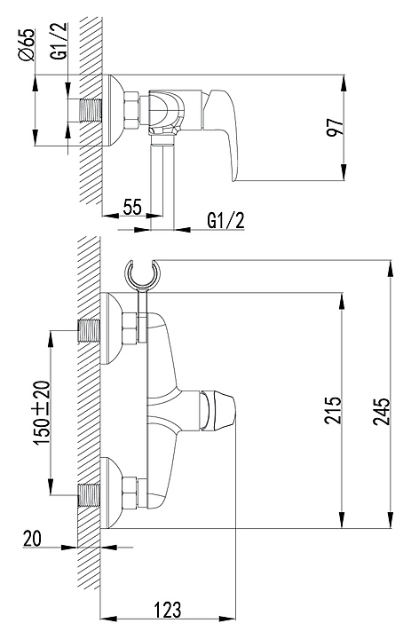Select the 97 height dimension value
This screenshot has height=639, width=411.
click(x=336, y=127)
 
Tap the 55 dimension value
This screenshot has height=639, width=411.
click(x=132, y=207)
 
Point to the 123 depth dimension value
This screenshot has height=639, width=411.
click(x=167, y=610)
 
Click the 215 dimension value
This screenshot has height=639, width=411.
click(x=333, y=409)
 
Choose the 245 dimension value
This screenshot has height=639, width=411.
click(x=381, y=411)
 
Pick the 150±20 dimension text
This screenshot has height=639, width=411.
click(x=43, y=413)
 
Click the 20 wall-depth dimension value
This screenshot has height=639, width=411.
click(x=32, y=539)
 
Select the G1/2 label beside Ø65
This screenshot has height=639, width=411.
click(x=59, y=42)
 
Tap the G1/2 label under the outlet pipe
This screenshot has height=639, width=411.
click(x=225, y=220)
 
